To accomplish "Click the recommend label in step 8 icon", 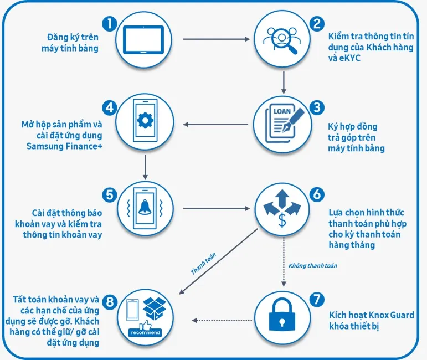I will (145, 333).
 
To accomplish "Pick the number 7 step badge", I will (316, 300).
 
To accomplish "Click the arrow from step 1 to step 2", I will (216, 39).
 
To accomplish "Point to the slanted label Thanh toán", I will (203, 264).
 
